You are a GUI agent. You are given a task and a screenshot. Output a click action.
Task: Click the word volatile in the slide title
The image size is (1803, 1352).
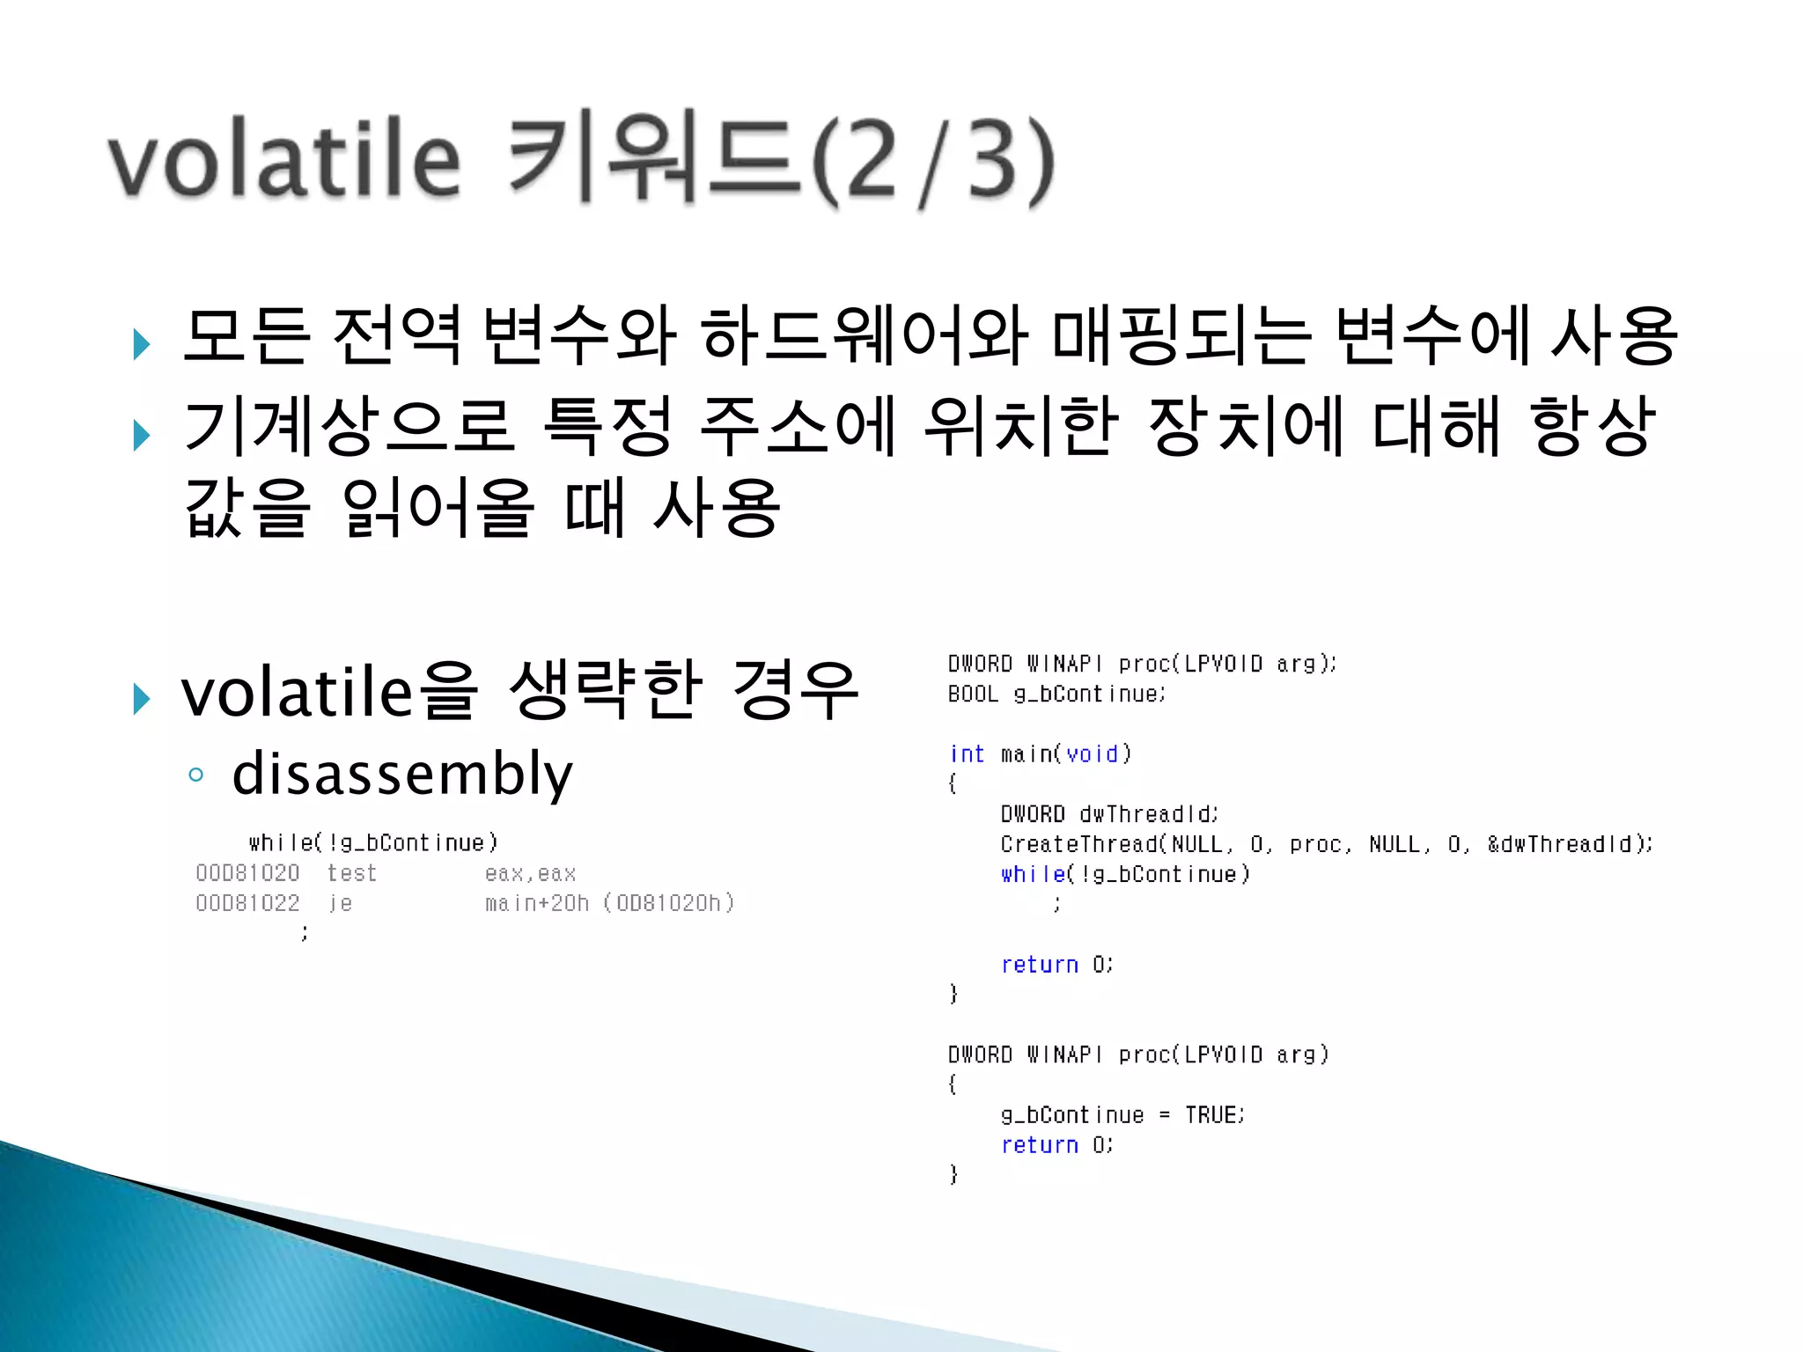(284, 158)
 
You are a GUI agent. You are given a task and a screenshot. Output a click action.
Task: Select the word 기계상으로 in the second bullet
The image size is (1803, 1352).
(348, 427)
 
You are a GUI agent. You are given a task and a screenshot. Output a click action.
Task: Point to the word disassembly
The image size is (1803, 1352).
(402, 774)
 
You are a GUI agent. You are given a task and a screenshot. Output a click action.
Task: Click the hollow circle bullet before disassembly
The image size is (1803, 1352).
(195, 775)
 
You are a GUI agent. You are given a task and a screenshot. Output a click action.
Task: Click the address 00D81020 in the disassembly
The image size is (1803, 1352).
(247, 873)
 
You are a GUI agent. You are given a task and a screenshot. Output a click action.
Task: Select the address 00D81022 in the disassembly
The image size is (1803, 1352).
(247, 903)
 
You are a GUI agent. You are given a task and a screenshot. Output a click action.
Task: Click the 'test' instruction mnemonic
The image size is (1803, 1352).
(351, 873)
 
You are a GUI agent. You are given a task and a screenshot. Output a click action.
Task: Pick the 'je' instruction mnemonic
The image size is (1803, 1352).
(341, 903)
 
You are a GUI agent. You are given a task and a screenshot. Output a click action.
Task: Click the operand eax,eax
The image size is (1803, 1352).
(530, 873)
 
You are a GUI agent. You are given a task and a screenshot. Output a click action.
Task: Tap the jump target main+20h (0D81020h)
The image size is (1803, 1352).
(609, 903)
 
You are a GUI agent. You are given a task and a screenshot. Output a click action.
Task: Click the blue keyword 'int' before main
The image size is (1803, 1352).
(967, 754)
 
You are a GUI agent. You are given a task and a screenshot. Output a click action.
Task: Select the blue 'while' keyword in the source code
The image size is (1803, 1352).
(1033, 874)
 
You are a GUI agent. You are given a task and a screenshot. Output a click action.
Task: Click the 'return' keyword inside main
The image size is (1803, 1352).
(1040, 965)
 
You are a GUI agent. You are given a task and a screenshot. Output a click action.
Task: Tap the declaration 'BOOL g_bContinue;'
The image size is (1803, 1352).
(1056, 694)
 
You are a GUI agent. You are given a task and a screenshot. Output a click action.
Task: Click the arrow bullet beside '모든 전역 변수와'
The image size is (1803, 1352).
(141, 343)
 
